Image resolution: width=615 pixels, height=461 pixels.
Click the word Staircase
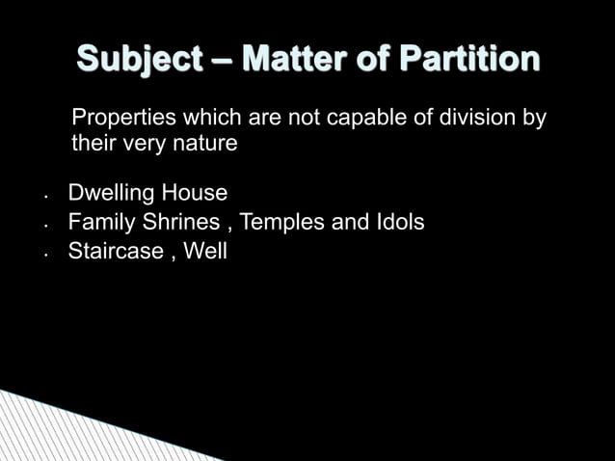pos(111,253)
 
